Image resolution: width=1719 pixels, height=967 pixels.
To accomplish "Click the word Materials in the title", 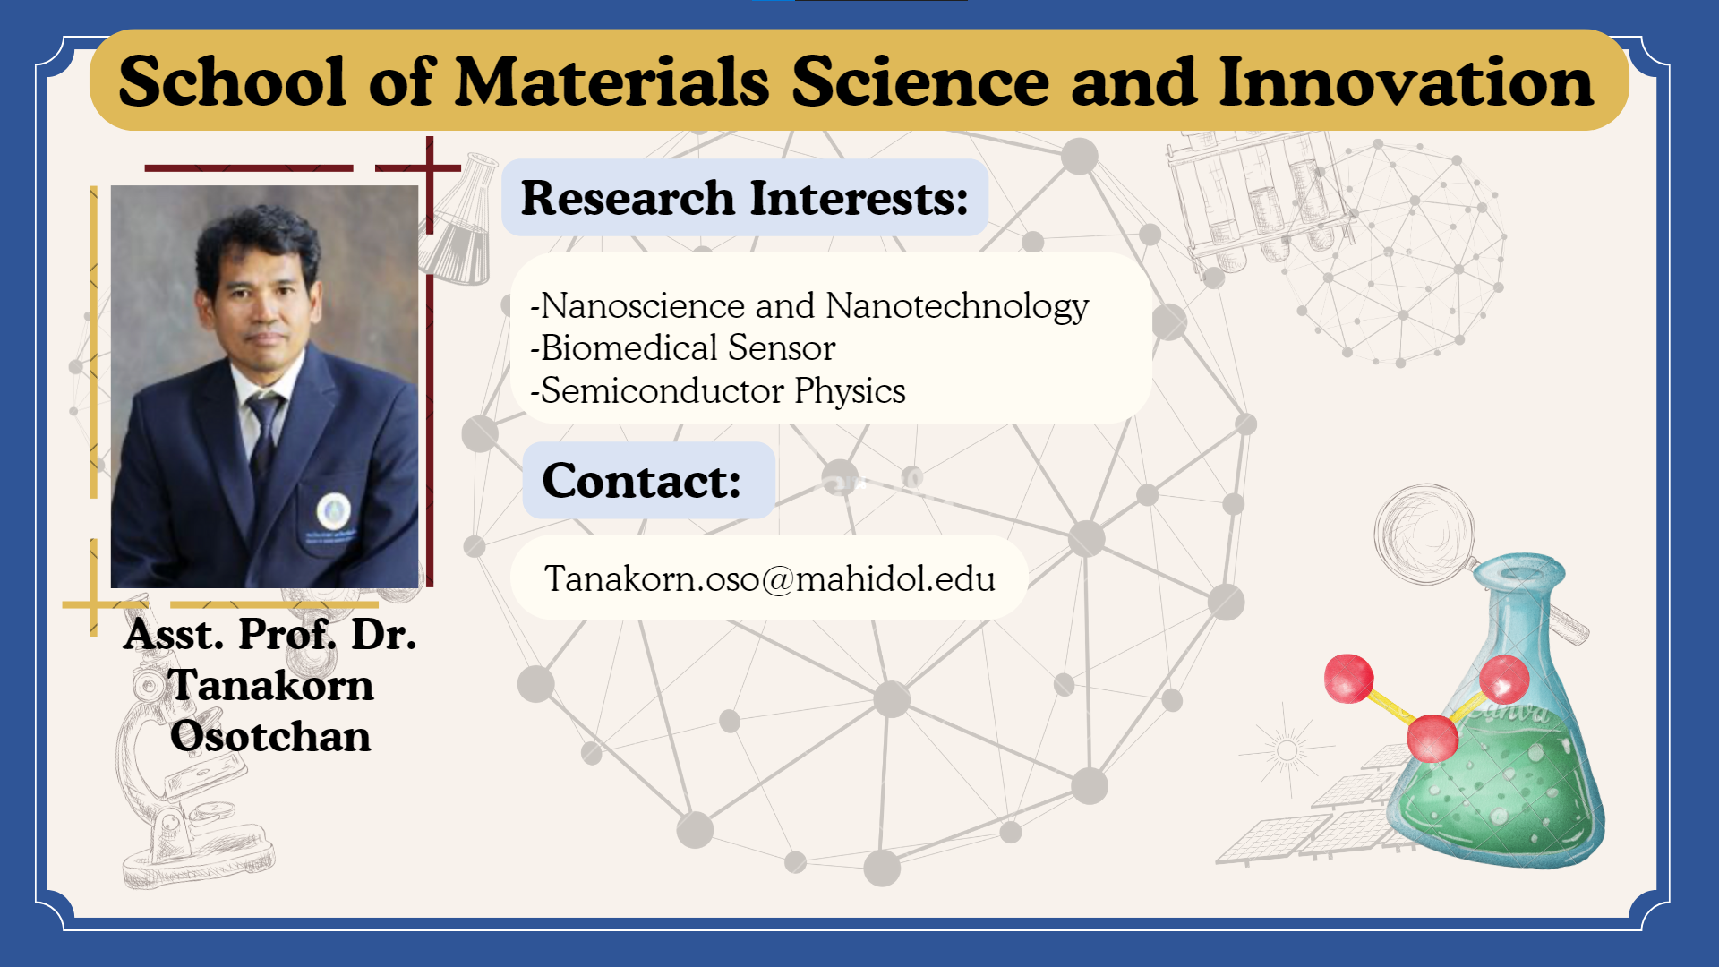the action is coord(612,81).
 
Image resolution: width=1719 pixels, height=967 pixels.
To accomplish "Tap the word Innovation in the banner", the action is coord(1406,81).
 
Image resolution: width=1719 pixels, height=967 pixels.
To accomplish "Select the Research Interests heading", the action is coord(745,198).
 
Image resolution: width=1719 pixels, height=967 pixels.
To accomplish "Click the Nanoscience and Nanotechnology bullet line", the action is coord(809,306).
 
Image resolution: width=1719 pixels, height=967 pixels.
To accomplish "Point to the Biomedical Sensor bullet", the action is coord(683,347).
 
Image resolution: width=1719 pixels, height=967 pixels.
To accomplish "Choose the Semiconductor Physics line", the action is coord(718,390).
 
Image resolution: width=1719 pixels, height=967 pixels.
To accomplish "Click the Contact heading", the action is coord(642,481).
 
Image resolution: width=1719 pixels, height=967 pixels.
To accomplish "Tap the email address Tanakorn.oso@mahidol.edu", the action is coord(770,578).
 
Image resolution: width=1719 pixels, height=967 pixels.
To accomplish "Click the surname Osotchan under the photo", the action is coord(270,736).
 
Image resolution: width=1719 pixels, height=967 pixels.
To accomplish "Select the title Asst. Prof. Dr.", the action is coord(270,634).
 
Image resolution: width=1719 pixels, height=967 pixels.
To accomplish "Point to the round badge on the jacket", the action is coord(334,510).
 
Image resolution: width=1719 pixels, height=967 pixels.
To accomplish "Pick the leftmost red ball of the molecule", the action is coord(1348,679).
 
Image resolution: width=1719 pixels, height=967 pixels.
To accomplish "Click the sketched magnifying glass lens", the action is coord(1424,534).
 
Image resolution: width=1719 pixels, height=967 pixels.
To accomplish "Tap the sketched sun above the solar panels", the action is coord(1287,749).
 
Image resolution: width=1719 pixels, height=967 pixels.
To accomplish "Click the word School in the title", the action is coord(232,81).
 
